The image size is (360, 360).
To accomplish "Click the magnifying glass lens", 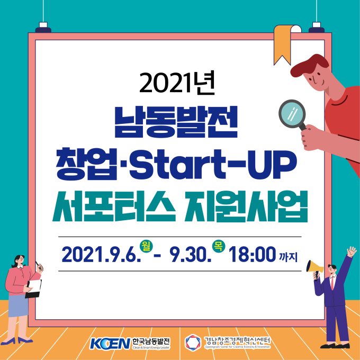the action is tap(292, 113).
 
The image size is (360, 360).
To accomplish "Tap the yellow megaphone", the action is tap(314, 268).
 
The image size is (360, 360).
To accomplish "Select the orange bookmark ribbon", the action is tap(282, 44).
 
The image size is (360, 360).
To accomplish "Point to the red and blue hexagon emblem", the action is tap(193, 343).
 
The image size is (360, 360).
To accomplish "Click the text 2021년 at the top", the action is tap(177, 83).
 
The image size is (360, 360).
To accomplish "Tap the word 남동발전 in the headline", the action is tap(176, 122).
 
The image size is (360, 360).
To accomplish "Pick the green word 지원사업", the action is tap(246, 206).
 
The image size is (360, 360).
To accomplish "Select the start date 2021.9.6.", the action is tap(101, 255).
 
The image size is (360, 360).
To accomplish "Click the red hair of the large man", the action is tap(309, 65).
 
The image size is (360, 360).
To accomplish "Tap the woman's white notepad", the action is tap(34, 289).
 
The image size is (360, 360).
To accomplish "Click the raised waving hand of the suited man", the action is tap(352, 251).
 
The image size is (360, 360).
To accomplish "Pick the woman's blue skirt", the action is tap(18, 305).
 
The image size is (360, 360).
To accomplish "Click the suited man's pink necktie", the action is tap(332, 283).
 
